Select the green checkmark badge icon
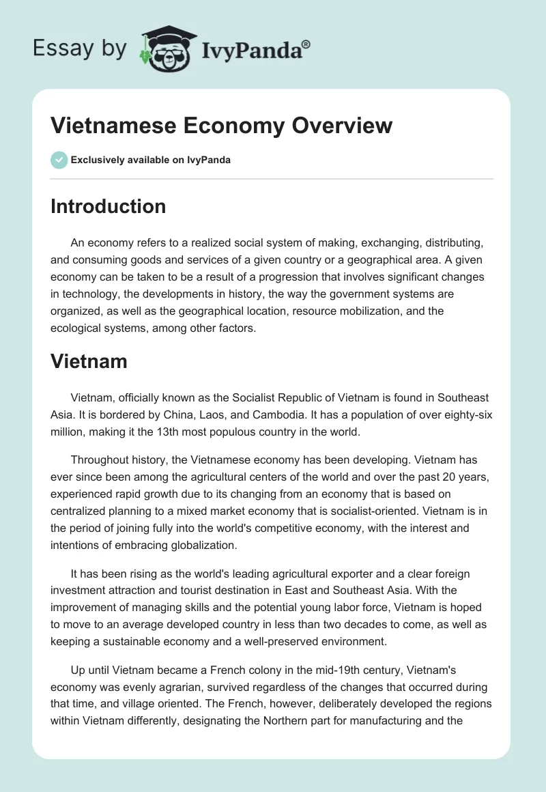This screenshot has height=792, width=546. coord(59,160)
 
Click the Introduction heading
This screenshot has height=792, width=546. coord(108,206)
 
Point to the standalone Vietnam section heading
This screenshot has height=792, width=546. coord(89,361)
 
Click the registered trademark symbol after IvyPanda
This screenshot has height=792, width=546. coord(306,43)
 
